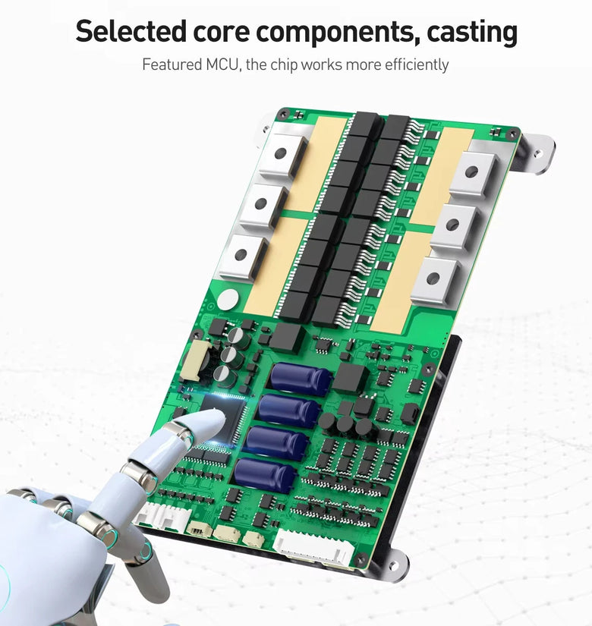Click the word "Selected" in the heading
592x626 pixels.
131,31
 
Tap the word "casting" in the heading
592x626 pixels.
472,33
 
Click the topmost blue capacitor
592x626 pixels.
301,379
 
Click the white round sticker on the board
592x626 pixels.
228,299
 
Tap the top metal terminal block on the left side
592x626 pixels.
282,155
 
